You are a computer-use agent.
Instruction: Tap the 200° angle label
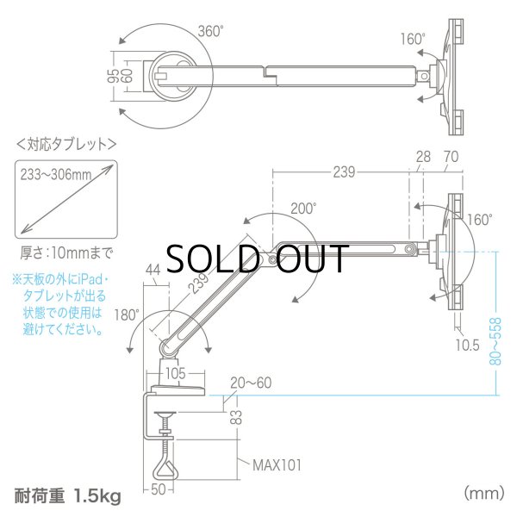click(x=302, y=207)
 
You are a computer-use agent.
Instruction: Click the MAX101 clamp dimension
click(x=278, y=464)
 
